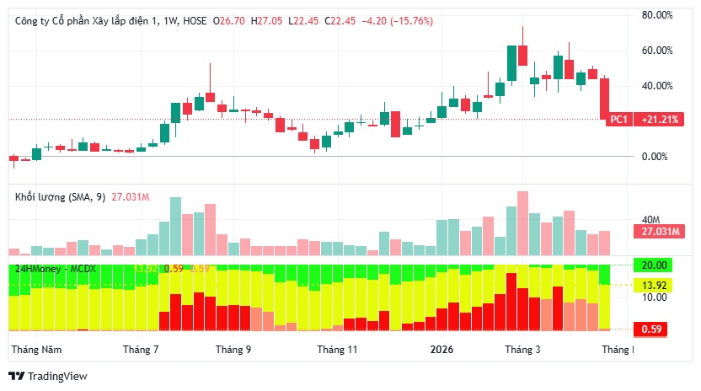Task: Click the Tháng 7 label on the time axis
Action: (141, 349)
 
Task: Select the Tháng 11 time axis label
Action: (338, 349)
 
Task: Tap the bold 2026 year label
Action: (441, 349)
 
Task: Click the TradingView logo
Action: (48, 377)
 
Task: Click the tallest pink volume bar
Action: (522, 222)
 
